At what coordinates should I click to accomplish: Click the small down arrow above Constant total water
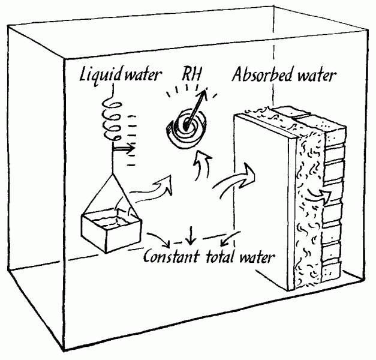(190, 238)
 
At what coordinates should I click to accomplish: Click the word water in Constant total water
(257, 258)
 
